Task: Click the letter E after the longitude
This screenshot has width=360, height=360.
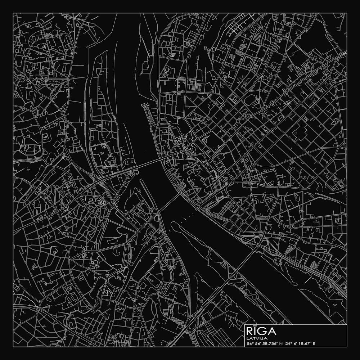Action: pyautogui.click(x=314, y=343)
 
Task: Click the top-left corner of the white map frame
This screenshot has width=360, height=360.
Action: pyautogui.click(x=13, y=13)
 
